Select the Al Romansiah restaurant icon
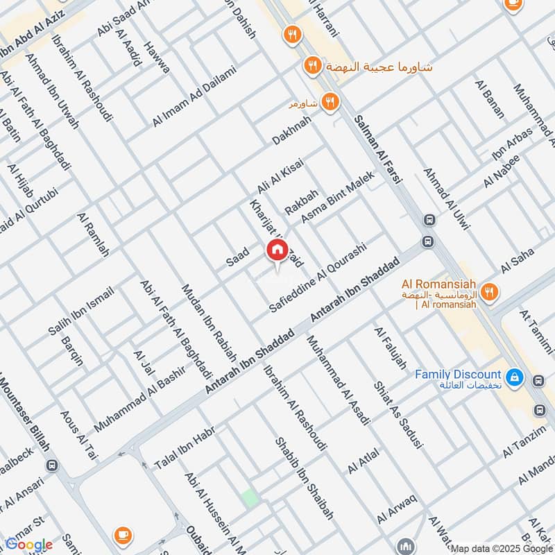490,293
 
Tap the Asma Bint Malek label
339,197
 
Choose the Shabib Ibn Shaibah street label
305,478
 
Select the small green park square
248,497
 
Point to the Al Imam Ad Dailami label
194,96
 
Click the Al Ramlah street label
94,235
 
